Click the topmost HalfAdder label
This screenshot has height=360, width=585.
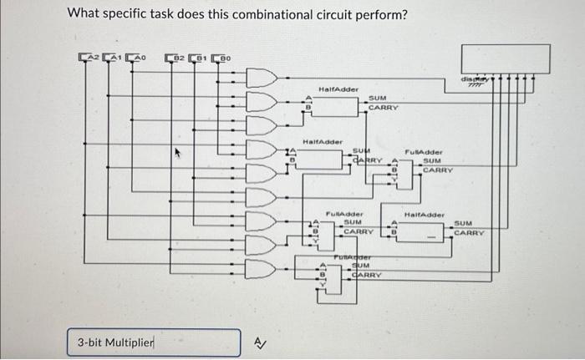(x=338, y=89)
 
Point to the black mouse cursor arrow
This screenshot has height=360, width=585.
(x=177, y=154)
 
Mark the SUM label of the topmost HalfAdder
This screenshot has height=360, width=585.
(x=378, y=99)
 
